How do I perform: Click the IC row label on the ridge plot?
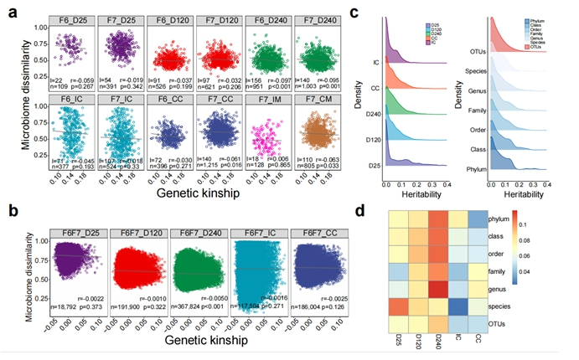pos(375,60)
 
